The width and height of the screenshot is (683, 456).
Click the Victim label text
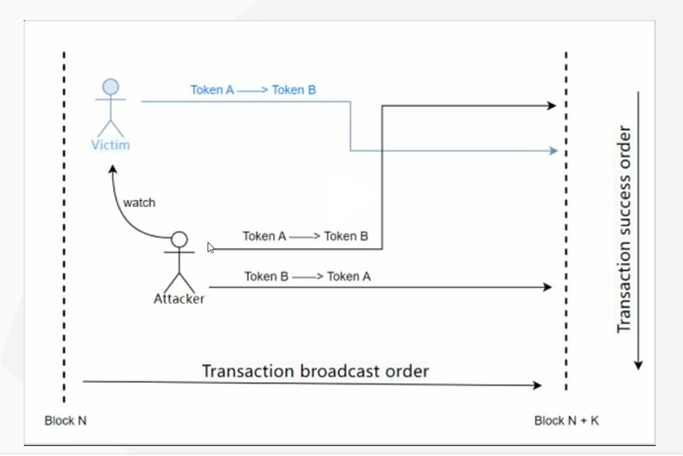tap(110, 145)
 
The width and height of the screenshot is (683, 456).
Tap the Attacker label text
tap(179, 299)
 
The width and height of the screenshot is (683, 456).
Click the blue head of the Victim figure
tap(111, 87)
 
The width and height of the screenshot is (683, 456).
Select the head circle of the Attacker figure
tap(180, 240)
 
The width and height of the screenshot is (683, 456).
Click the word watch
tap(139, 203)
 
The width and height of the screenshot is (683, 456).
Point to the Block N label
tap(65, 421)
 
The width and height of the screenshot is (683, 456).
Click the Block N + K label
tap(567, 421)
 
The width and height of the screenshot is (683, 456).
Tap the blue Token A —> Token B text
tap(253, 90)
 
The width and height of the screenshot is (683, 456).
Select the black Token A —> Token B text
tap(305, 237)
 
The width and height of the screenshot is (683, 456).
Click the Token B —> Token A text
tap(307, 277)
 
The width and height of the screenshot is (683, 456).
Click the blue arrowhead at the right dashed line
tap(553, 151)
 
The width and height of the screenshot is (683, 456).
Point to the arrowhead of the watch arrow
tap(112, 169)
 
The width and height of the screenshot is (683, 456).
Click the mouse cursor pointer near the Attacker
tap(211, 248)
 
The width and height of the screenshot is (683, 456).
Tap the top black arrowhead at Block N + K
tap(551, 105)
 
